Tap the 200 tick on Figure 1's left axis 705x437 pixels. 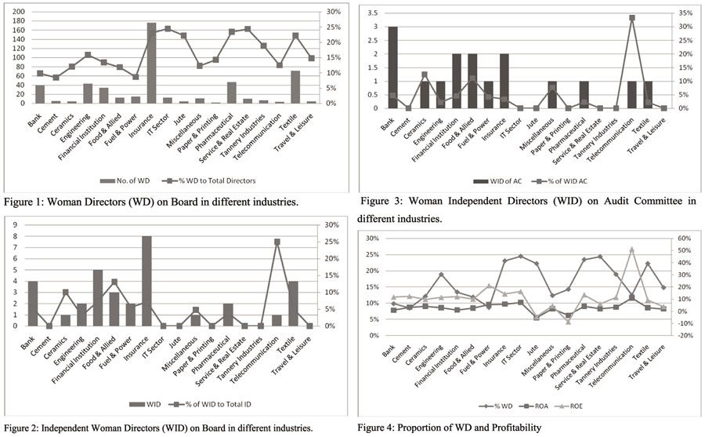[x=18, y=13]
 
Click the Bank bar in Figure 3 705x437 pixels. [x=392, y=67]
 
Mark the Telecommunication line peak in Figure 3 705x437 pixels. [x=631, y=17]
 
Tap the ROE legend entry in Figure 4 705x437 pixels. [x=573, y=407]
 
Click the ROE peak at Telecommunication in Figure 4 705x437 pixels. [x=631, y=249]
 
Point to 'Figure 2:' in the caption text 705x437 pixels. [x=23, y=428]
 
